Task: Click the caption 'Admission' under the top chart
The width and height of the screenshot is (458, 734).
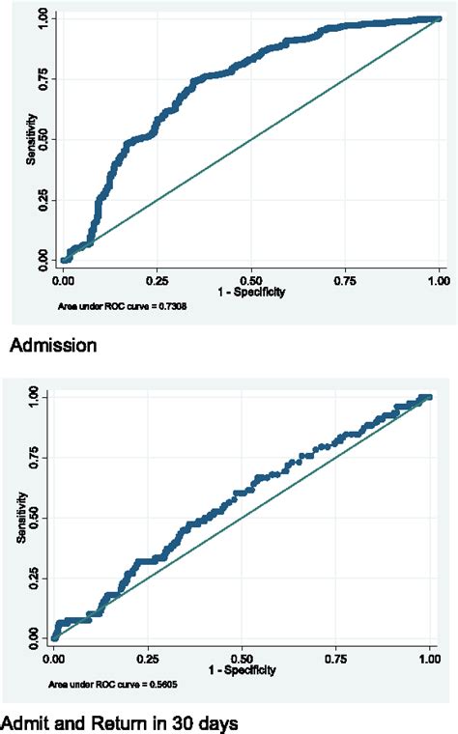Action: tap(54, 345)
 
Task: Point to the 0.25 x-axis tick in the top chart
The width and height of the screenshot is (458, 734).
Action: tap(157, 278)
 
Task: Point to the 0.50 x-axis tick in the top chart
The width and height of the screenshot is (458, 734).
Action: tap(251, 278)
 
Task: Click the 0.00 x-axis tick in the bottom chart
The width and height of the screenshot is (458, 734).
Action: tap(54, 656)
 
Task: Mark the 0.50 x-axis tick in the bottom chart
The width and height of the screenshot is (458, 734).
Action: tap(242, 656)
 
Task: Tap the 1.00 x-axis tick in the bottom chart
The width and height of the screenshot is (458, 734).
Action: tap(429, 656)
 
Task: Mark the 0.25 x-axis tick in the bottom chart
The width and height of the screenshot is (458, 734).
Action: tap(148, 656)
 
